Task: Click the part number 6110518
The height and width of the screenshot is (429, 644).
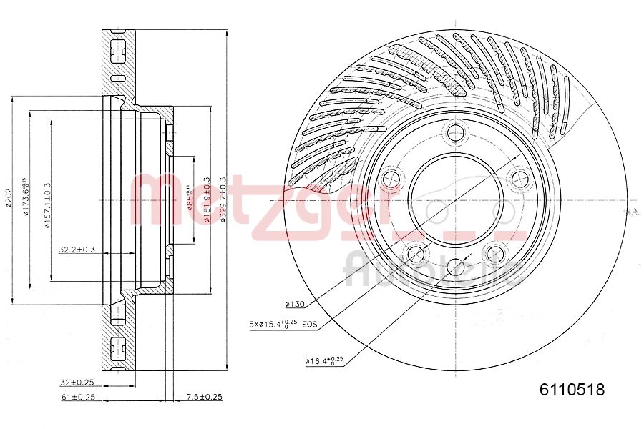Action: tap(572, 390)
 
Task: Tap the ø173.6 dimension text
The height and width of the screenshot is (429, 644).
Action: tap(24, 197)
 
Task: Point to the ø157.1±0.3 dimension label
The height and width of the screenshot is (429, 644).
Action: tap(47, 206)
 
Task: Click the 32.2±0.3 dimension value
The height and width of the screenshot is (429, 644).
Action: tap(77, 250)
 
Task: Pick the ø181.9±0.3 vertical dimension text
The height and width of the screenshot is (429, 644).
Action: tap(207, 200)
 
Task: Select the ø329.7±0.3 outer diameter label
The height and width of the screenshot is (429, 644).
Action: tap(223, 200)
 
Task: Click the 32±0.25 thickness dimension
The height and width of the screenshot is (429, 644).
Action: tap(78, 382)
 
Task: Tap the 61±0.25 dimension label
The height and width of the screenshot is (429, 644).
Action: tap(78, 396)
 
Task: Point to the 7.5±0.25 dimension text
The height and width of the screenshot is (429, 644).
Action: tap(204, 396)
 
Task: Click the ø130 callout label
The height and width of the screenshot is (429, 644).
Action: tap(294, 304)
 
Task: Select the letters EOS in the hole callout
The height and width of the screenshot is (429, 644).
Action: tap(309, 325)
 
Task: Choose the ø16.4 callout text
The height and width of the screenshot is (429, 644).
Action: tap(324, 360)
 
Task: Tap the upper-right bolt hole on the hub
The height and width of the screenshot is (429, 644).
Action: tap(518, 178)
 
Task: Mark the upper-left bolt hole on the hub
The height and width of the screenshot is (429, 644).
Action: tap(391, 178)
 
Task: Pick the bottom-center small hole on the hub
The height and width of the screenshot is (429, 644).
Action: tap(455, 267)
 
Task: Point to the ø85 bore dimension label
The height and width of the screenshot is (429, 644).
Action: tap(190, 201)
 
